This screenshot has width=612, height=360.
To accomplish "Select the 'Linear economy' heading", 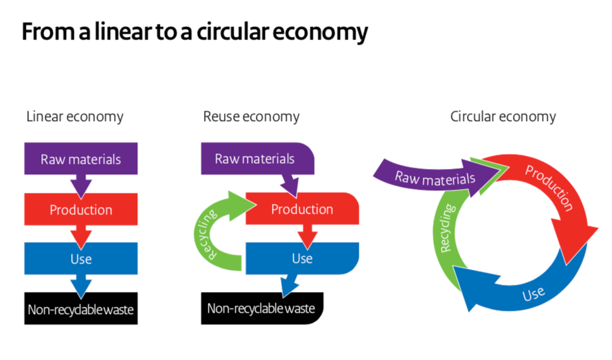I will (74, 117).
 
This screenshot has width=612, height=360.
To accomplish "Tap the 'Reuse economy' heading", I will (251, 117).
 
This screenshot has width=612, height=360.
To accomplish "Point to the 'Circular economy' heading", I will (503, 117).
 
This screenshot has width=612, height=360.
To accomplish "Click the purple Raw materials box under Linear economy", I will (81, 159).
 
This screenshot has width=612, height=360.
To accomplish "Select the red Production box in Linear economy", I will (81, 209).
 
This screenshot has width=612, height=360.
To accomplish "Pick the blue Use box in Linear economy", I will (81, 258).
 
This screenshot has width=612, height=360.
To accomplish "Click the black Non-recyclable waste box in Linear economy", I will (81, 309).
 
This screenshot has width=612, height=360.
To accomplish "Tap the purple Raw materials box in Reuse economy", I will (255, 159).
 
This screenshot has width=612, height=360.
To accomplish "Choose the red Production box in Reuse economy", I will (302, 209).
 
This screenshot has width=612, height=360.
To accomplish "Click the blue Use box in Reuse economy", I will (302, 258).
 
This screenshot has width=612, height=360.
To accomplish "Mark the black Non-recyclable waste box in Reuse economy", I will (262, 308).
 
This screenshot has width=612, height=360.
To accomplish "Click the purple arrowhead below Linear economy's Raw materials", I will (81, 186).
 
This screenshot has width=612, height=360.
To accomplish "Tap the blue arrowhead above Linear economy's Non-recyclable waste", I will (81, 286).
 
